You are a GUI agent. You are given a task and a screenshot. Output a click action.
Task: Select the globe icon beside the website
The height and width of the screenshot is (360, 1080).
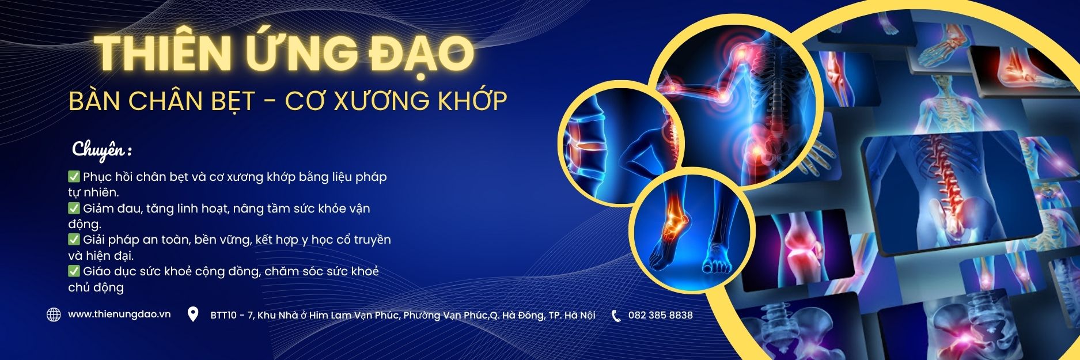[54, 314]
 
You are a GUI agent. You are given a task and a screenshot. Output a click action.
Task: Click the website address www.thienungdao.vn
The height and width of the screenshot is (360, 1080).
[119, 314]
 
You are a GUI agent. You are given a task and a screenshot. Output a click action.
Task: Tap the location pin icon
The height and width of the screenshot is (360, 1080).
[193, 314]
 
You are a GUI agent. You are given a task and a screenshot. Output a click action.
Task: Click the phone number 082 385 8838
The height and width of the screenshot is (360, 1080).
[661, 315]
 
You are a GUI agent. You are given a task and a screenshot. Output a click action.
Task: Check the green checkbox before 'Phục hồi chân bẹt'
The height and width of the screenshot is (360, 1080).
[74, 176]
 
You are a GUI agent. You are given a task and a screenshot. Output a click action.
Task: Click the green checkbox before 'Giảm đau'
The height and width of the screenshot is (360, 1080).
[74, 208]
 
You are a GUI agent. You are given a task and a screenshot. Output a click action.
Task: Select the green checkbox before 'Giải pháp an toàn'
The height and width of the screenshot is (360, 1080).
[74, 239]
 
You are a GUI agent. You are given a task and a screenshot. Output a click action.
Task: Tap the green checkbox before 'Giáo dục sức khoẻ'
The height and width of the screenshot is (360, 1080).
[74, 271]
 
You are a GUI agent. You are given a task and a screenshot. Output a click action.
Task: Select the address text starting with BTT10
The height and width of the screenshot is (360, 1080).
[403, 315]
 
